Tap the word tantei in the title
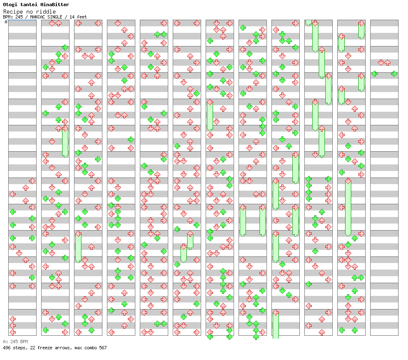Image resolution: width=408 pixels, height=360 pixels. point(30,5)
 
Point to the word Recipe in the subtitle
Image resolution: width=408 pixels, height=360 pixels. point(12,12)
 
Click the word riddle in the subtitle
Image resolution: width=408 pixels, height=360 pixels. point(47,12)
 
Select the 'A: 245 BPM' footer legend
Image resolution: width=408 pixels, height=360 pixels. point(15,342)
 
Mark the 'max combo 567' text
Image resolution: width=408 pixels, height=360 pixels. point(90,348)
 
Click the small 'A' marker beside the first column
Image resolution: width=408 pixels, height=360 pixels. point(6,22)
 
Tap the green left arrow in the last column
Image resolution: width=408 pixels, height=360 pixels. point(374,74)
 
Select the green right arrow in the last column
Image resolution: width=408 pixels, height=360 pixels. point(394,74)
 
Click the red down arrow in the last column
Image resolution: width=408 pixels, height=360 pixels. point(381,62)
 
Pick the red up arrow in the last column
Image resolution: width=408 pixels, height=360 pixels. point(387,62)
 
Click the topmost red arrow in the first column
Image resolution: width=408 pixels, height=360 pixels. point(32,181)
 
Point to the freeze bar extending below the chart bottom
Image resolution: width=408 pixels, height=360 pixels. point(276,325)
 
